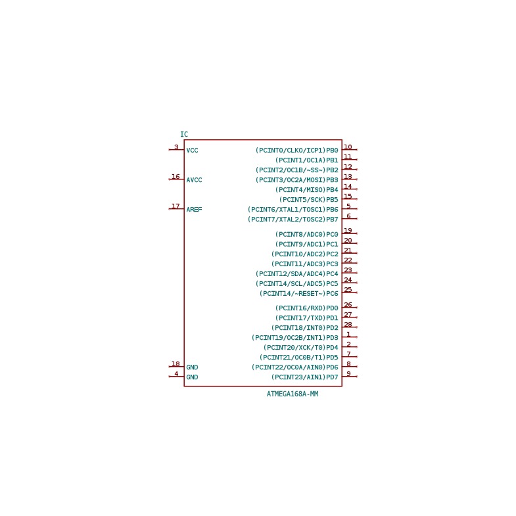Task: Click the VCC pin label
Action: pos(192,151)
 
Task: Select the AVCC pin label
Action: pos(194,180)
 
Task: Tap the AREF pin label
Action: pos(194,209)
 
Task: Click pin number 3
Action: pos(176,147)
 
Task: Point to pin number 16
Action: pos(176,176)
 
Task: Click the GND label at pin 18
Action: pos(192,367)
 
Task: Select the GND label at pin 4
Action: pos(192,377)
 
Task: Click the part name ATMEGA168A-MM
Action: pos(293,394)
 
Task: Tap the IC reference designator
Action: pos(184,134)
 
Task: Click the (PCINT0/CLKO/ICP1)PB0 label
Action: pos(297,151)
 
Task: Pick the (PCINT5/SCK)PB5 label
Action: pos(309,199)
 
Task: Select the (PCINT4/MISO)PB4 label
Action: pos(307,189)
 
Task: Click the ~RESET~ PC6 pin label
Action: pos(299,293)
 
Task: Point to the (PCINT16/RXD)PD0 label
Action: pos(307,308)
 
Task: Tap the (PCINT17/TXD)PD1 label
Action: pos(307,318)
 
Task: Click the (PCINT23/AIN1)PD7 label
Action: pos(305,377)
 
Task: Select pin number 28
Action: pos(348,325)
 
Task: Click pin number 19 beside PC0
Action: pos(348,230)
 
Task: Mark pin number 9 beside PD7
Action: pos(348,373)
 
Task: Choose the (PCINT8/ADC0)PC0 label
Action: pos(307,234)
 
